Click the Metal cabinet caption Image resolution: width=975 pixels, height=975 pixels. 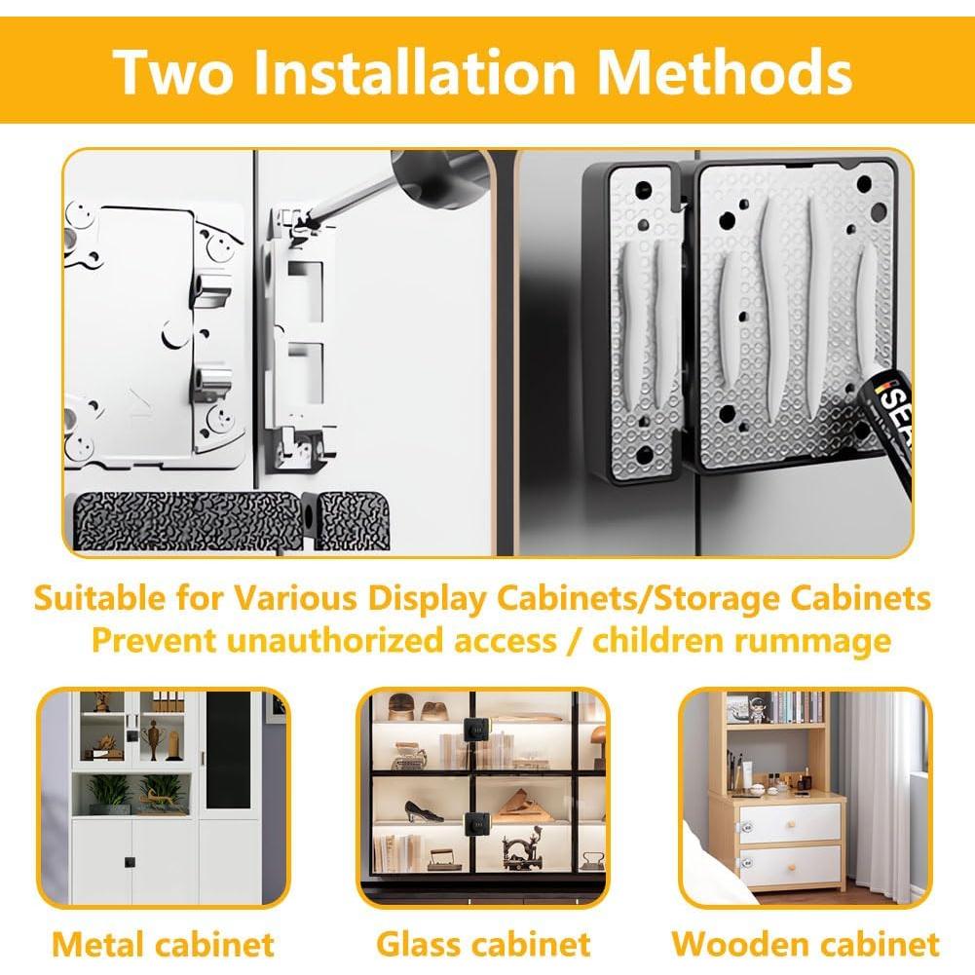[163, 943]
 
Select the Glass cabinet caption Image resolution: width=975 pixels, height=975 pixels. [483, 943]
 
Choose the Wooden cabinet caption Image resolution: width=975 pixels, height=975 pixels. [806, 943]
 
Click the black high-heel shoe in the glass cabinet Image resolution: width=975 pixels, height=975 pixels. [424, 811]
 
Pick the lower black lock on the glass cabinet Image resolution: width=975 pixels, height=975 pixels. [477, 825]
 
